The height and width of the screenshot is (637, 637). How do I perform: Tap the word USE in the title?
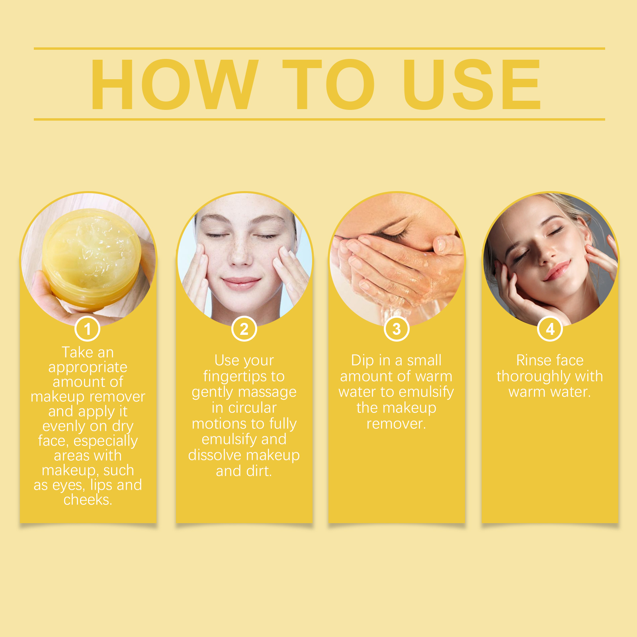(472, 84)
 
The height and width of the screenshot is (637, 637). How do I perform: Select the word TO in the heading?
(329, 84)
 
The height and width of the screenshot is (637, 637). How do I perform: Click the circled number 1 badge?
(88, 329)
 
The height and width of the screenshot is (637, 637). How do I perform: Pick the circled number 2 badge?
(244, 329)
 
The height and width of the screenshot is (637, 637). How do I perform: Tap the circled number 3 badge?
(397, 329)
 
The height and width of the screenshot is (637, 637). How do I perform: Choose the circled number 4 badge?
(550, 329)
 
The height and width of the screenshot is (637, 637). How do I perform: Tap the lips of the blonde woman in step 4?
(557, 271)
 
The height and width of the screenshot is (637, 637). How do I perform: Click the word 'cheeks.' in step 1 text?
(88, 500)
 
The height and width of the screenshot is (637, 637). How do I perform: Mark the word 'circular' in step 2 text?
(252, 408)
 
